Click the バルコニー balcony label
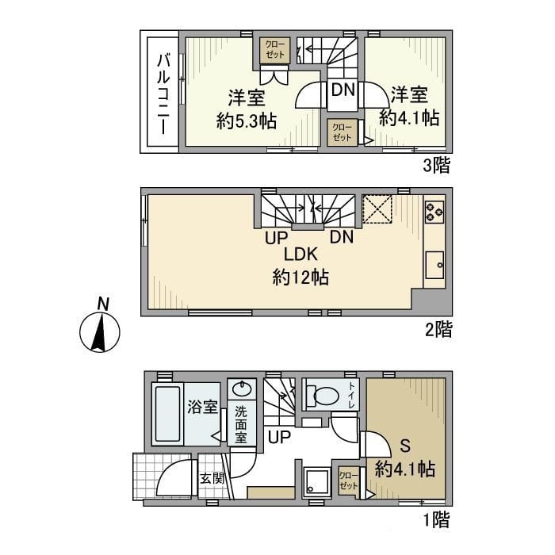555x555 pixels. pyautogui.click(x=163, y=93)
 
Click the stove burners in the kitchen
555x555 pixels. pyautogui.click(x=434, y=211)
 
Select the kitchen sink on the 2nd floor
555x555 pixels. pyautogui.click(x=434, y=265)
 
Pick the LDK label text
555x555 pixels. pyautogui.click(x=300, y=255)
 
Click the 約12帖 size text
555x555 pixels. pyautogui.click(x=300, y=277)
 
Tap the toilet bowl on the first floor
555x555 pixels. pyautogui.click(x=325, y=395)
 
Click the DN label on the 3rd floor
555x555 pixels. pyautogui.click(x=343, y=90)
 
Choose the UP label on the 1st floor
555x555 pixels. pyautogui.click(x=278, y=437)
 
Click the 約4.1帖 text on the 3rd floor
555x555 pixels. pyautogui.click(x=409, y=118)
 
